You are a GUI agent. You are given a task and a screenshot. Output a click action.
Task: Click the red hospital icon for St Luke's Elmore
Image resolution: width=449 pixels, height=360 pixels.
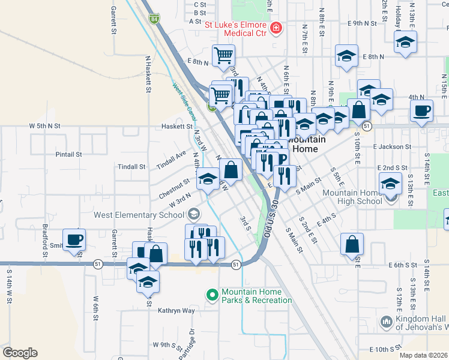(x=276, y=28)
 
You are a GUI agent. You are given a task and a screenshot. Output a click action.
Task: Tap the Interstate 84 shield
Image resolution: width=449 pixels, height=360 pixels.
(x=155, y=19)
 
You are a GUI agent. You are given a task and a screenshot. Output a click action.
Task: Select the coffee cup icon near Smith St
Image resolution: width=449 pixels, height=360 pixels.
(x=74, y=239)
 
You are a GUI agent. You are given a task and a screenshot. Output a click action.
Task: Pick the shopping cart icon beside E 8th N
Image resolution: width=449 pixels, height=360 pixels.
(x=223, y=56)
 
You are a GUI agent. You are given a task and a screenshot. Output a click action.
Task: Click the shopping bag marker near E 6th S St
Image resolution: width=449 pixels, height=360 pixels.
(x=352, y=244)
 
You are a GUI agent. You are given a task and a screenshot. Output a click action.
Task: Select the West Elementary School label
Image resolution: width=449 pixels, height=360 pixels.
(x=138, y=214)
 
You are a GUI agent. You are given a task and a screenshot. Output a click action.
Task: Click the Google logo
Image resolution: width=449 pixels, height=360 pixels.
(x=20, y=352)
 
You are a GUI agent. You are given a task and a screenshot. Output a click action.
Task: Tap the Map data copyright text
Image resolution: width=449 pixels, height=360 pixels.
(x=423, y=355)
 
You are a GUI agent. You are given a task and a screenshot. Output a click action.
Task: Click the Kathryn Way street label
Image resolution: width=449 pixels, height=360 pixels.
(x=176, y=311)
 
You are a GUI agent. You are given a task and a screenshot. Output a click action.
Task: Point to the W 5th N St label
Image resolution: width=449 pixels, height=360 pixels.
(x=46, y=127)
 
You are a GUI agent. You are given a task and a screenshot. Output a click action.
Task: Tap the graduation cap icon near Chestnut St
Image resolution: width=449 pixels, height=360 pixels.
(x=208, y=179)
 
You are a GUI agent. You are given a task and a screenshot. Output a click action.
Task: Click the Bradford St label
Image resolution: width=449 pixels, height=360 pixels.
(x=45, y=238)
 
